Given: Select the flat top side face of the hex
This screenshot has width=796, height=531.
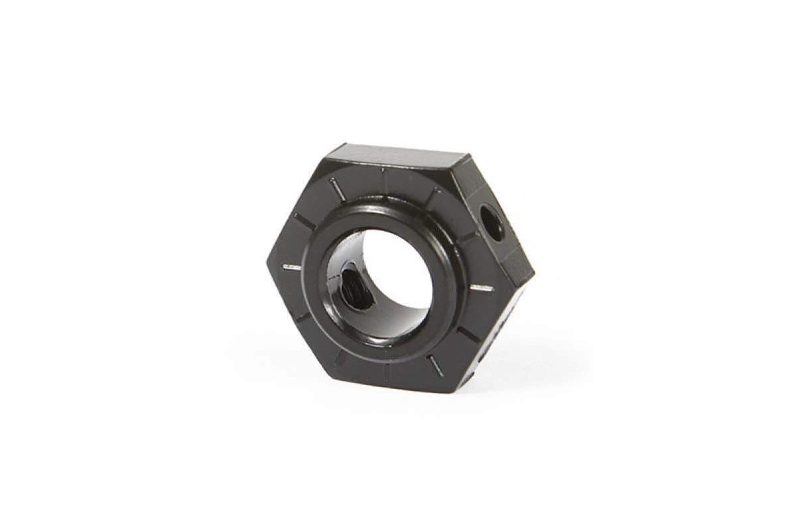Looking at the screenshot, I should pos(398,157).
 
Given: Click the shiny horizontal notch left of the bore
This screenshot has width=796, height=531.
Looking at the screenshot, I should pos(292,267).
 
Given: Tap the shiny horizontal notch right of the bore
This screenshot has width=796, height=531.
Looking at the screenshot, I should pos(481,287).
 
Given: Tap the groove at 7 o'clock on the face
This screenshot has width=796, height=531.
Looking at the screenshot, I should pos(340,359).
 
